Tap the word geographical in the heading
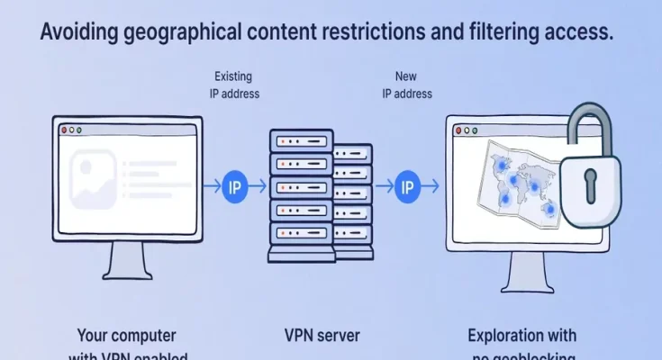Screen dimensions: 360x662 click(192, 33)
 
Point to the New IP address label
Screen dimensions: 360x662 click(406, 85)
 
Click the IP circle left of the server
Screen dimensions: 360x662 click(236, 187)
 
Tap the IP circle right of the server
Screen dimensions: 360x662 click(406, 187)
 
